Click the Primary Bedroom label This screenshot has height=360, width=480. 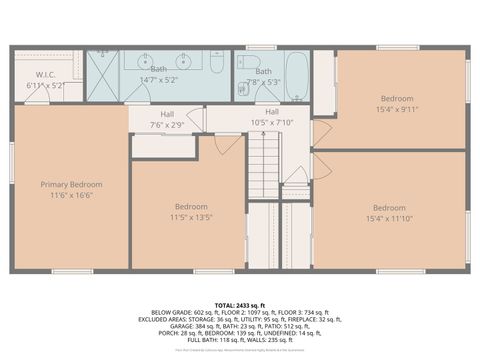coord(71,184)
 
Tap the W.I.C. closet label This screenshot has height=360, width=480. coord(45,74)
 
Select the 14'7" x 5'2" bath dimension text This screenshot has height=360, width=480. coord(159,80)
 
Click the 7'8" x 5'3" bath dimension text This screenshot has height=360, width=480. coord(263,83)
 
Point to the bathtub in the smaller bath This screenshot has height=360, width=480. coord(297,79)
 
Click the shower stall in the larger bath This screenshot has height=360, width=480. coord(102,73)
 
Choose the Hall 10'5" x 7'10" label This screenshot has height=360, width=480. coord(272,117)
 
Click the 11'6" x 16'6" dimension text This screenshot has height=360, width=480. coord(71,196)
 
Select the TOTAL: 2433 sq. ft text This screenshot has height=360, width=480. coord(239,303)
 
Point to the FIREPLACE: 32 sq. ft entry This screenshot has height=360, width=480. coord(314,318)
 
